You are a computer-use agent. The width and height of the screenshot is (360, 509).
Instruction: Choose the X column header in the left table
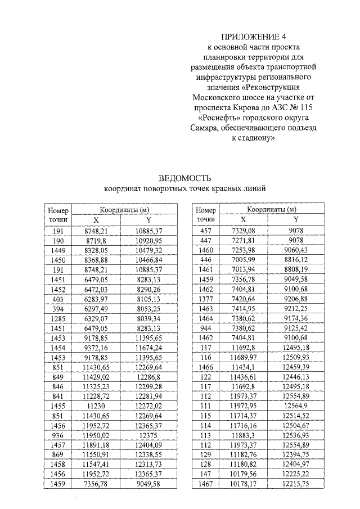pos(96,220)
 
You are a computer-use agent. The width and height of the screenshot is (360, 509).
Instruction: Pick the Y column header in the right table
pos(296,220)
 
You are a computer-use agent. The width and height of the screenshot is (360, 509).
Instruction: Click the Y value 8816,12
pos(296,260)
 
